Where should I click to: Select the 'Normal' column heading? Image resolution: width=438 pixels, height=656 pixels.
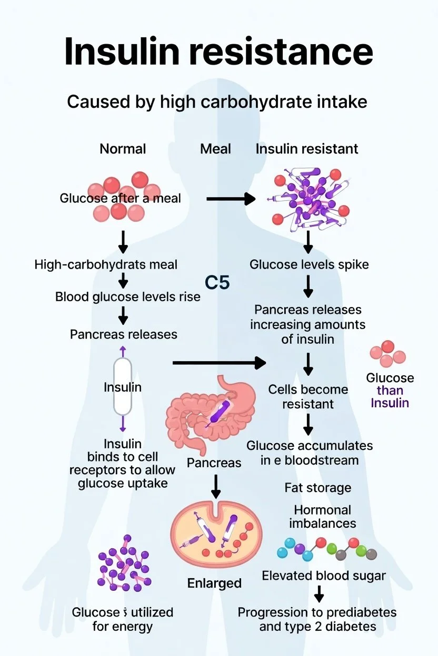pyautogui.click(x=123, y=149)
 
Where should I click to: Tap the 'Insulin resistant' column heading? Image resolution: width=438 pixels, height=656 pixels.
pyautogui.click(x=307, y=149)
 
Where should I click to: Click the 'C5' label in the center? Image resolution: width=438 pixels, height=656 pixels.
pyautogui.click(x=217, y=282)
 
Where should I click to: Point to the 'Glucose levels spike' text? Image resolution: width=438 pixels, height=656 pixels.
pyautogui.click(x=309, y=264)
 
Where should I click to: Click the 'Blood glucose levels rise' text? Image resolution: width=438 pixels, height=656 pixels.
pyautogui.click(x=128, y=296)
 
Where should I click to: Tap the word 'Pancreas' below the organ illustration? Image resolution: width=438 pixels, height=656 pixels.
pyautogui.click(x=214, y=463)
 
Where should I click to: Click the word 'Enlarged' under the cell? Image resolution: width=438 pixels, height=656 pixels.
pyautogui.click(x=214, y=583)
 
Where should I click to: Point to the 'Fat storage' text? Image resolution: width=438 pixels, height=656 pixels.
pyautogui.click(x=317, y=488)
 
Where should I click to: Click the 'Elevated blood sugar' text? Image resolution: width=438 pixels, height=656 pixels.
pyautogui.click(x=324, y=576)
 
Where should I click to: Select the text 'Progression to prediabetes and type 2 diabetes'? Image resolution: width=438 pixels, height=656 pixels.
pyautogui.click(x=317, y=619)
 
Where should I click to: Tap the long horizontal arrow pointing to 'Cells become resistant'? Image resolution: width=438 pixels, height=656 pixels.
pyautogui.click(x=219, y=363)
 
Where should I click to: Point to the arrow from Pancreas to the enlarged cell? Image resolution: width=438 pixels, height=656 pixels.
pyautogui.click(x=215, y=486)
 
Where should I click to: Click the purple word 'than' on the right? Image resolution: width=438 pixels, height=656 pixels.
pyautogui.click(x=390, y=391)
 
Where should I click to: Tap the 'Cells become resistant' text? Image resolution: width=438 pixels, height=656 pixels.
pyautogui.click(x=308, y=397)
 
